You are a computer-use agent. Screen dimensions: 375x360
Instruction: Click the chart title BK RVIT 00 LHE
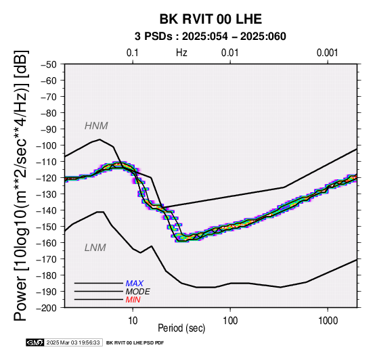pyautogui.click(x=211, y=19)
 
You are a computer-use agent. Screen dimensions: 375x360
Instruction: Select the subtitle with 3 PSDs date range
pyautogui.click(x=211, y=37)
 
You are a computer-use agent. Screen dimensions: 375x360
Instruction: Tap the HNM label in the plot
pyautogui.click(x=96, y=126)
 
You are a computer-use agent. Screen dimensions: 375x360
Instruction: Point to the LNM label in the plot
pyautogui.click(x=95, y=248)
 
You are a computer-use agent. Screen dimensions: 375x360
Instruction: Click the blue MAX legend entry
pyautogui.click(x=135, y=284)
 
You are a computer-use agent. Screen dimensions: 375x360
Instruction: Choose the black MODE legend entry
pyautogui.click(x=138, y=292)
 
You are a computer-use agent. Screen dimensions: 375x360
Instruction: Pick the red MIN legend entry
pyautogui.click(x=133, y=300)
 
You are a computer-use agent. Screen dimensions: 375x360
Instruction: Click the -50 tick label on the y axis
pyautogui.click(x=49, y=64)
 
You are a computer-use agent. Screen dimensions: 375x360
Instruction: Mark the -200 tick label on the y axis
pyautogui.click(x=47, y=308)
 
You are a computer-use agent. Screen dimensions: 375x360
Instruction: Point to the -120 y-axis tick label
pyautogui.click(x=47, y=179)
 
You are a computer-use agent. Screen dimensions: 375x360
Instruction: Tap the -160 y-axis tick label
pyautogui.click(x=47, y=243)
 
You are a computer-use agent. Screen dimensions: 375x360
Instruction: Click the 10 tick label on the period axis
pyautogui.click(x=133, y=321)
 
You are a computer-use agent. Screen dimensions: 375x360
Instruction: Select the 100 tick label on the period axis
pyautogui.click(x=230, y=321)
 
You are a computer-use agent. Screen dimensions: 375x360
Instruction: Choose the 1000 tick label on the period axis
pyautogui.click(x=328, y=321)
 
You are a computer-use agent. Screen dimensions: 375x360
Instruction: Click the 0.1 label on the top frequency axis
pyautogui.click(x=133, y=53)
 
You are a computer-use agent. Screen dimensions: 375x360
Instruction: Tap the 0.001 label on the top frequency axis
pyautogui.click(x=328, y=53)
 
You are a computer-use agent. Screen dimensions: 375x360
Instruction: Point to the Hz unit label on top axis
pyautogui.click(x=181, y=53)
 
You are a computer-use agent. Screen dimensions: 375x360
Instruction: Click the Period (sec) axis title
pyautogui.click(x=181, y=328)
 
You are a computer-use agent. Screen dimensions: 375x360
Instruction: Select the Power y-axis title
pyautogui.click(x=21, y=185)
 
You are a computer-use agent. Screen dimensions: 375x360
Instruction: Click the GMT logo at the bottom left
pyautogui.click(x=35, y=343)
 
